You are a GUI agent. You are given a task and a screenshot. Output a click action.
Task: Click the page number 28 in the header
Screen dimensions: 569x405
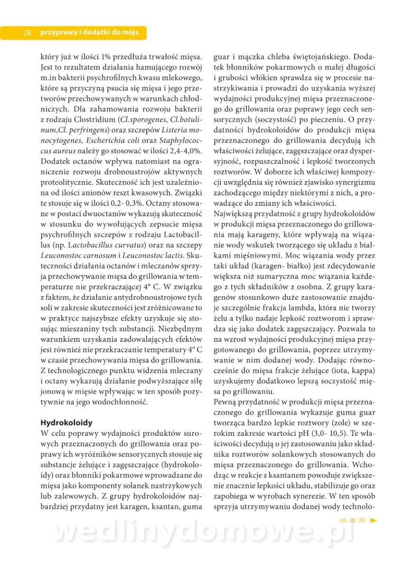pyautogui.click(x=27, y=33)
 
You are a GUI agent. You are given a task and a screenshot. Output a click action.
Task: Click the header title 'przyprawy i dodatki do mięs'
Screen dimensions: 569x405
pyautogui.click(x=89, y=33)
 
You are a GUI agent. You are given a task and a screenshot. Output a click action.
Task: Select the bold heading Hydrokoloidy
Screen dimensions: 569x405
pyautogui.click(x=66, y=422)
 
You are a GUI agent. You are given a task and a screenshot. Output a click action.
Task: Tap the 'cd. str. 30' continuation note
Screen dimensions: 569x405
pyautogui.click(x=352, y=520)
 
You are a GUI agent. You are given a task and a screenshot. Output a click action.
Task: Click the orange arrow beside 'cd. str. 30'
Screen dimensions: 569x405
pyautogui.click(x=374, y=520)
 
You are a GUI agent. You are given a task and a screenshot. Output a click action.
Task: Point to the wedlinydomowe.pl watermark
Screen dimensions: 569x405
pyautogui.click(x=204, y=532)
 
